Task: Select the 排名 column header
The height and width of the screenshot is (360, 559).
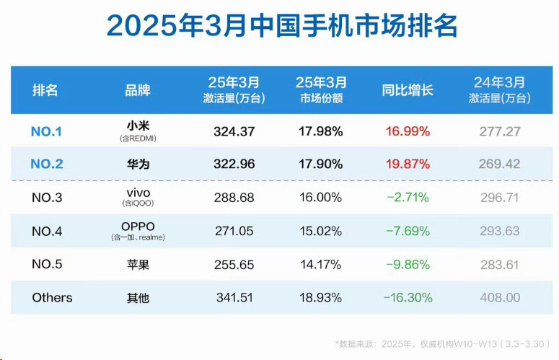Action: (45, 91)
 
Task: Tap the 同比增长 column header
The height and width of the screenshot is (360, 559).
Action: (408, 91)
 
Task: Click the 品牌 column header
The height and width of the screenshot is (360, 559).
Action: (137, 91)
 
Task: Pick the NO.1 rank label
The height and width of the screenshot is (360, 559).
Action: (47, 131)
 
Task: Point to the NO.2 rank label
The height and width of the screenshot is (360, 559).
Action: (47, 164)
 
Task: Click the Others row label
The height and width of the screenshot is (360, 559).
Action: (52, 297)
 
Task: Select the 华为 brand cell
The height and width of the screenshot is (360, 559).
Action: (137, 164)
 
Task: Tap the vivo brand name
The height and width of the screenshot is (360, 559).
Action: (137, 193)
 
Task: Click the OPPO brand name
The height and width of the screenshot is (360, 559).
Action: (137, 227)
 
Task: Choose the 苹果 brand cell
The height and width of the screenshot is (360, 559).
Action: (137, 265)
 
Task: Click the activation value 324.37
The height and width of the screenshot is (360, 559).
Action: (234, 131)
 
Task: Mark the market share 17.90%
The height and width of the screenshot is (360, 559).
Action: (320, 164)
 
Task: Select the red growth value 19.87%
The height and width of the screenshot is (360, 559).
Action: (408, 164)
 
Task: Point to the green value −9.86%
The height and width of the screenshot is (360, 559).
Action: (408, 265)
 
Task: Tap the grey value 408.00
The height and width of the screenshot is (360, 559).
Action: (499, 297)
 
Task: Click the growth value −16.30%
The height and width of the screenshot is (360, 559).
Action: (408, 297)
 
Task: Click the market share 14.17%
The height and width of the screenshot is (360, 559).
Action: (320, 265)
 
